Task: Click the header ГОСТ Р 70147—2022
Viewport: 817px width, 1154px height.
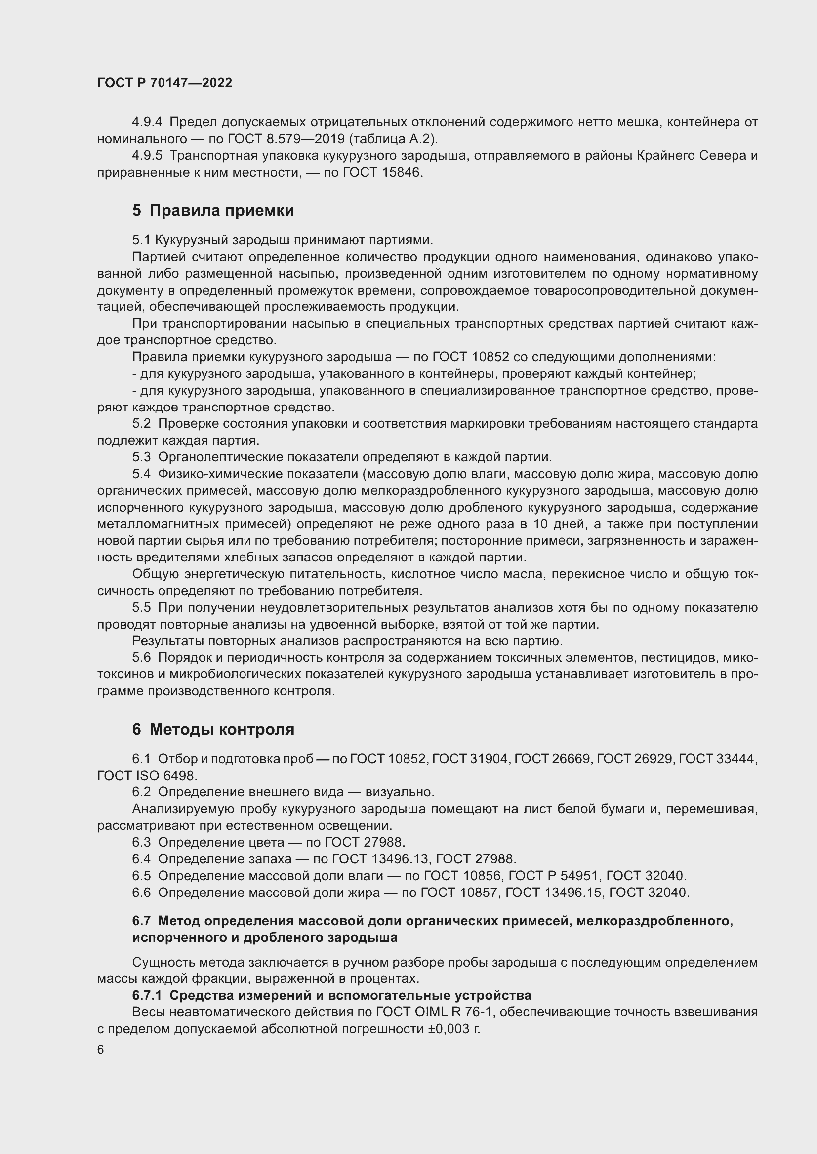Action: pyautogui.click(x=164, y=83)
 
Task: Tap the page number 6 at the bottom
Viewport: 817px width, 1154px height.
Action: pyautogui.click(x=101, y=1050)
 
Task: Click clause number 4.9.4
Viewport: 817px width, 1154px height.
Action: pyautogui.click(x=147, y=122)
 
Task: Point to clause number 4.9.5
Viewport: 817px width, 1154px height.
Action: pyautogui.click(x=147, y=156)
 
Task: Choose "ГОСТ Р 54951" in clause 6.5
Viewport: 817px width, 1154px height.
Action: pyautogui.click(x=553, y=876)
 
